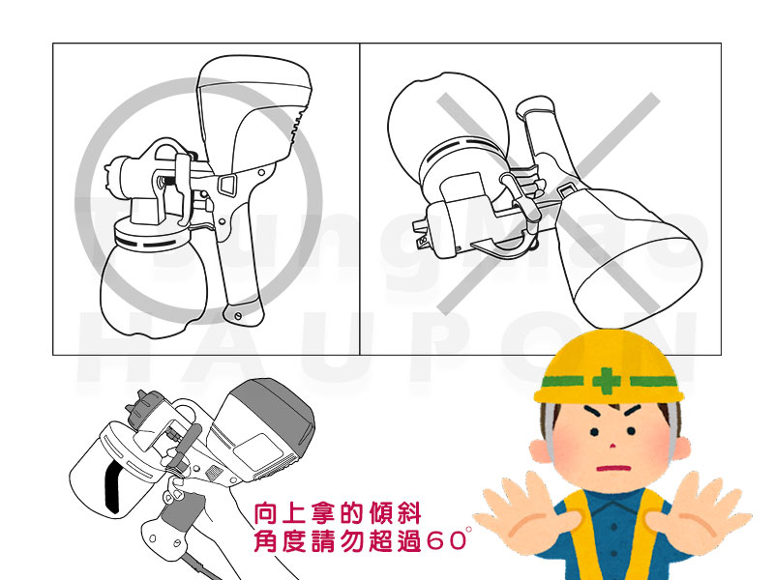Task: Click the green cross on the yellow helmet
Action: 607,380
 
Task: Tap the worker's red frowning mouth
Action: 614,468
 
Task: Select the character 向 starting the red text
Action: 265,514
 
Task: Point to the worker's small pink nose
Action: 612,446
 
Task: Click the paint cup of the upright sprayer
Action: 154,280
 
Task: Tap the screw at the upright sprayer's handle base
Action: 238,315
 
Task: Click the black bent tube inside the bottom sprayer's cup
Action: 112,486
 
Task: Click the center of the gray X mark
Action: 548,203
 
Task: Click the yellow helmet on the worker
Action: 610,367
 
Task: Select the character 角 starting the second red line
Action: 265,540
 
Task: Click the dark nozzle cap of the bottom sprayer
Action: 143,408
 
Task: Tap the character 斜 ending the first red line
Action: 409,514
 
